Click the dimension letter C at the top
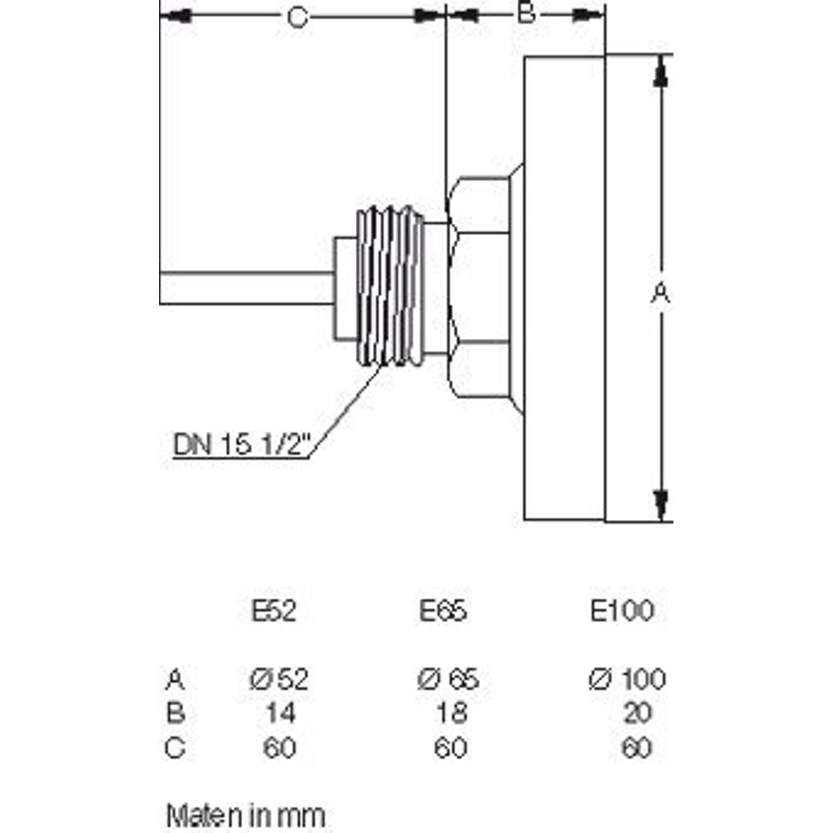point(298,17)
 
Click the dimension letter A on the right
point(660,293)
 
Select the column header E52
point(274,611)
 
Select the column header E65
point(443,611)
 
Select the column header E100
point(622,611)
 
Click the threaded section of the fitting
point(389,285)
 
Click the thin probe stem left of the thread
point(247,289)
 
